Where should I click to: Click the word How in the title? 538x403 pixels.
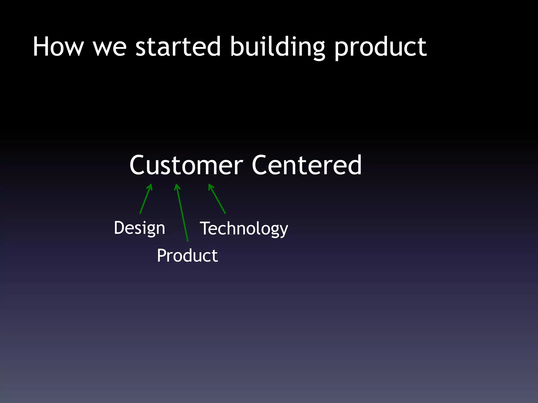click(x=58, y=47)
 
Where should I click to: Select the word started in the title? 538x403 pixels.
click(x=178, y=47)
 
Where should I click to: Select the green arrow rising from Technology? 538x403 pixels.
click(x=218, y=199)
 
